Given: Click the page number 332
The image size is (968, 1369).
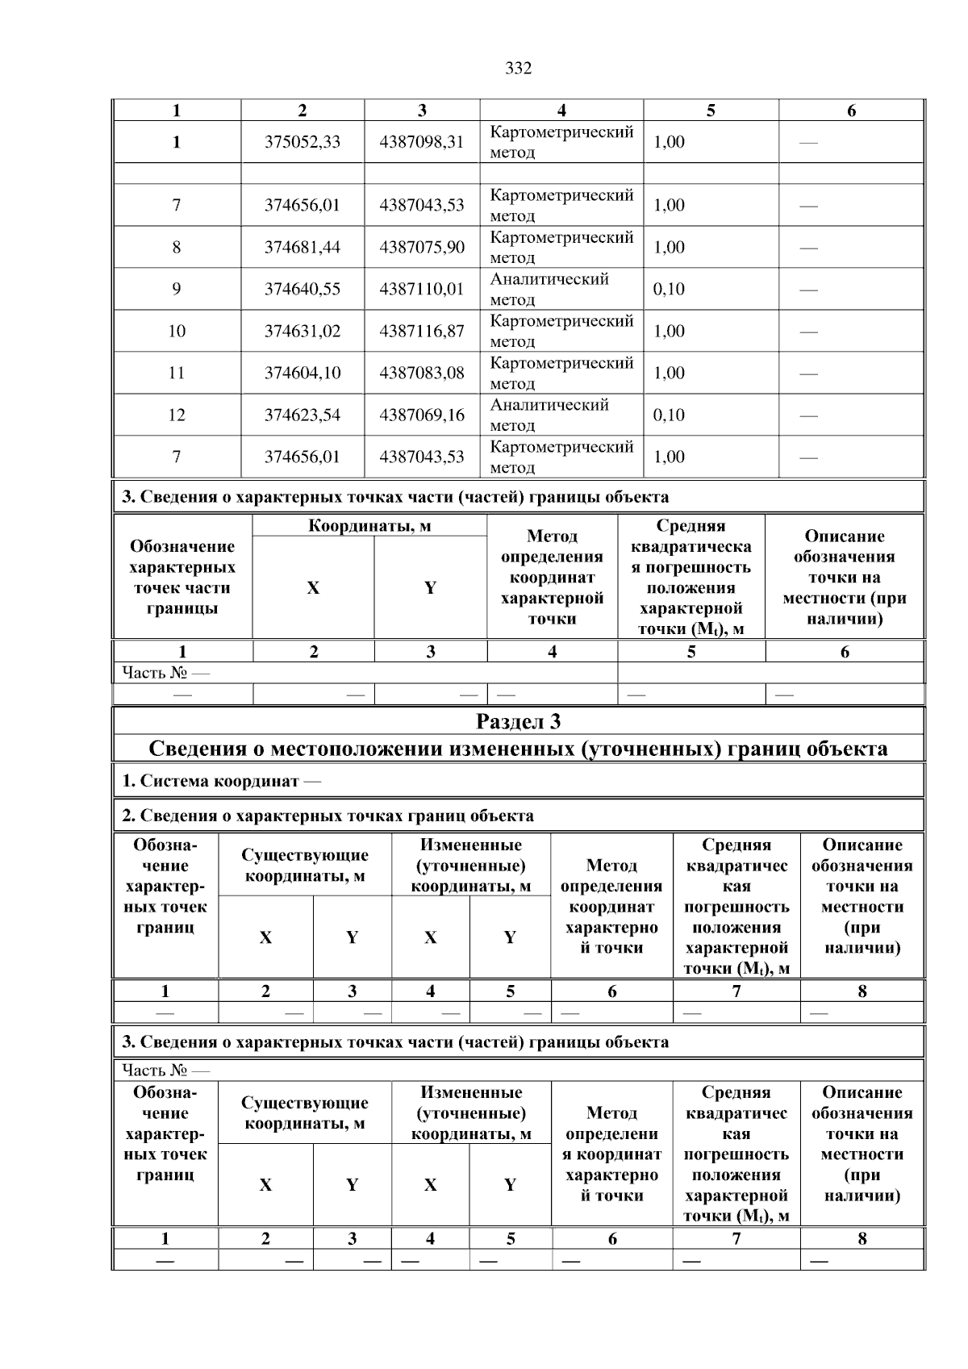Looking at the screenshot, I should click(x=518, y=69).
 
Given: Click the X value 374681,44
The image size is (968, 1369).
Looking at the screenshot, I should click(x=302, y=248).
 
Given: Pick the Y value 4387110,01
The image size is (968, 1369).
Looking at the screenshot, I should click(x=422, y=290).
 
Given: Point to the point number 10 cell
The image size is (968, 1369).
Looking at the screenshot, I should click(x=177, y=332).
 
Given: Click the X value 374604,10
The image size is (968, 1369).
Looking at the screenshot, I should click(x=302, y=374).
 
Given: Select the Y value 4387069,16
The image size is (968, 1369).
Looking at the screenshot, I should click(x=422, y=415).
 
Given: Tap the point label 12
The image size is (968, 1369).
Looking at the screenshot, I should click(x=177, y=415).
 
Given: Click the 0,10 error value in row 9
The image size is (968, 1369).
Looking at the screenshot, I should click(x=669, y=290).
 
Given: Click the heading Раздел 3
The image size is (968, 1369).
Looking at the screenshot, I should click(x=518, y=721).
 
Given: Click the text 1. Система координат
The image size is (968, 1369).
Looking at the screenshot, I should click(x=211, y=782).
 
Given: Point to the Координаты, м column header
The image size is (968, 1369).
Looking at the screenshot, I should click(x=369, y=526).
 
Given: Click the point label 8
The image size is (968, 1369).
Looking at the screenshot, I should click(x=177, y=248).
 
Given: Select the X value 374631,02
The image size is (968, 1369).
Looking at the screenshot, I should click(x=302, y=332).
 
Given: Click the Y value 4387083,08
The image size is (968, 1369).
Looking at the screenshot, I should click(x=422, y=374).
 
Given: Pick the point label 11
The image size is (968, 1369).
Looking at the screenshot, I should click(x=177, y=374).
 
